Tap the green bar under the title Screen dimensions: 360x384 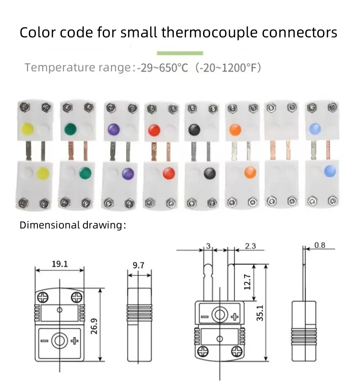click(180, 53)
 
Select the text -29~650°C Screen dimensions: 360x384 click(162, 68)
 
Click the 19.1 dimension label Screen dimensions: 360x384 click(60, 264)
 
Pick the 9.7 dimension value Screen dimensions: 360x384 click(138, 264)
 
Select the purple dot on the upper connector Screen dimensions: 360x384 click(114, 129)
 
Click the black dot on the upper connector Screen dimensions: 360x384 click(194, 129)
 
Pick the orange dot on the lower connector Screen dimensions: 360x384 click(250, 172)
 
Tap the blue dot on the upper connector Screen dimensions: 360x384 click(315, 129)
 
